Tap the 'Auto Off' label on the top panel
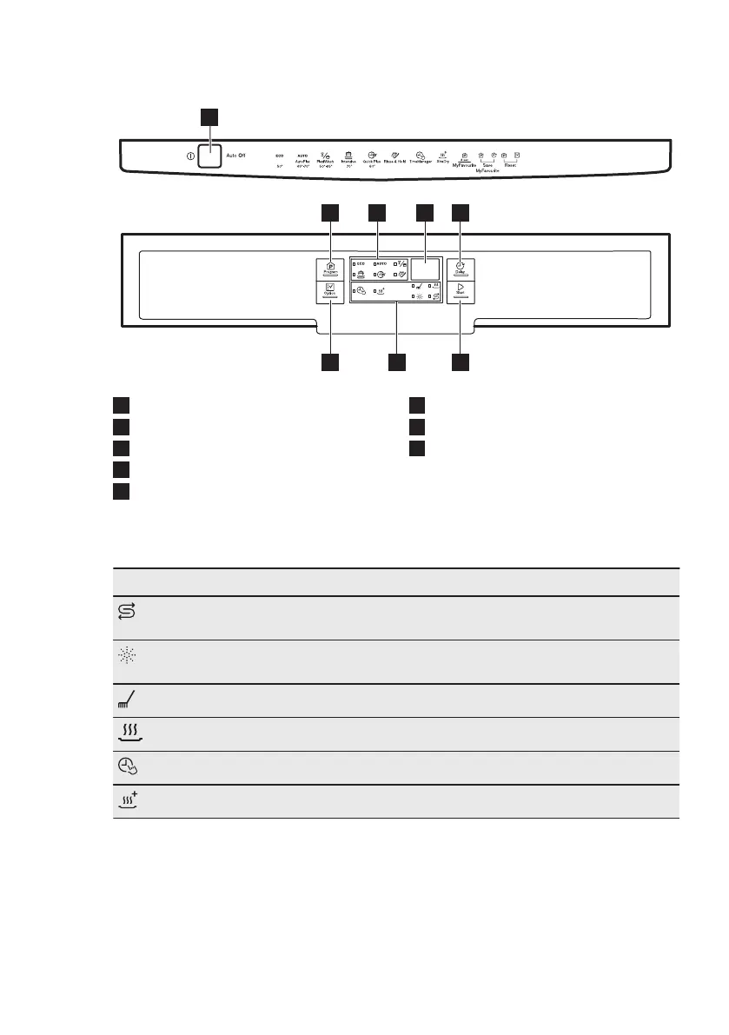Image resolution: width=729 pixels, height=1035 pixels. [x=236, y=156]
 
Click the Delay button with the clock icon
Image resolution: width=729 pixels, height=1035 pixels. [x=461, y=268]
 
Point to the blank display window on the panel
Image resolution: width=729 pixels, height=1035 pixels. [x=425, y=272]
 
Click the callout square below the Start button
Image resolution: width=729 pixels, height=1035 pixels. [x=461, y=362]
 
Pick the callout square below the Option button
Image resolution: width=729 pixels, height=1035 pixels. [x=329, y=362]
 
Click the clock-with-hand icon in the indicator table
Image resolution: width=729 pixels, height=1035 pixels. [x=125, y=767]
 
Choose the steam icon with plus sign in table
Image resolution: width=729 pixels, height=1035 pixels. [x=127, y=801]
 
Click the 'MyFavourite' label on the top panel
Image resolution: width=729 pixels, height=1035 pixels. [x=466, y=163]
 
